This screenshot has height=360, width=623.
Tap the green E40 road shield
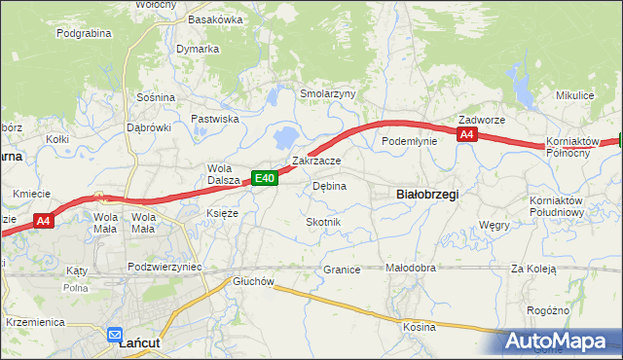[x=267, y=177]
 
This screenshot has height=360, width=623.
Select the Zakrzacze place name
[x=316, y=161]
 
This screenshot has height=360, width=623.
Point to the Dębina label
[x=329, y=186]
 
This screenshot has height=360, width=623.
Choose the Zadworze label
[x=482, y=120]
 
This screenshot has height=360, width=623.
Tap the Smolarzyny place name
[x=328, y=93]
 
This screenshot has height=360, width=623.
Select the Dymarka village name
[x=198, y=49]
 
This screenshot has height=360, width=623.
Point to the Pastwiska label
[x=215, y=119]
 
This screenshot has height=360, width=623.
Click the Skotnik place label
[x=323, y=222]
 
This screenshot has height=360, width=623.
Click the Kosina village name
[x=420, y=327]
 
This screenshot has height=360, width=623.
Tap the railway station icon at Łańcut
[x=115, y=331]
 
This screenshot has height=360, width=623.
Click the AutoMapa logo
[x=558, y=341]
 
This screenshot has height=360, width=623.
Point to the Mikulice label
[x=574, y=95]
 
